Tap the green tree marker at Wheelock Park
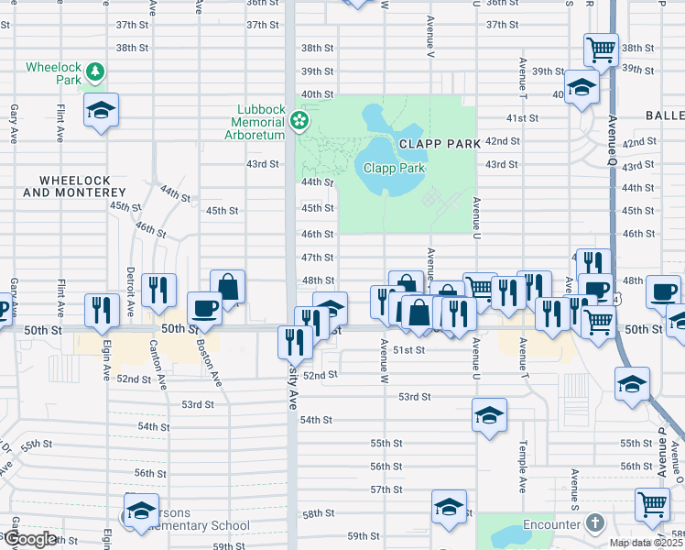(96, 71)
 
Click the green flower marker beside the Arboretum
(299, 120)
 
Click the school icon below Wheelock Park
(101, 111)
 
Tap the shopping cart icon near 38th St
(600, 49)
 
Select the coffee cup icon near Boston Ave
(204, 308)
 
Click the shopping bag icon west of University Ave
(227, 286)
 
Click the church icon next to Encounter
(595, 524)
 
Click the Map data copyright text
(645, 543)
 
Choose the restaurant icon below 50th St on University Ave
(294, 344)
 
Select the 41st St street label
(526, 118)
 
